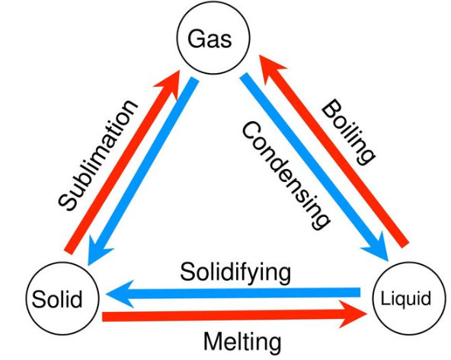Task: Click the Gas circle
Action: coord(213,38)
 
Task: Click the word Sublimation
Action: coord(98,155)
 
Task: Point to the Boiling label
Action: coord(348,132)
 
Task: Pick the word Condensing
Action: coord(286,175)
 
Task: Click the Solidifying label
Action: coord(235,272)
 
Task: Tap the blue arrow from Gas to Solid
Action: coord(143,171)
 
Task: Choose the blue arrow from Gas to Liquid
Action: coord(314,167)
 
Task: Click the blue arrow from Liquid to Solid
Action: coord(233,293)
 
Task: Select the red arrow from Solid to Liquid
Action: coord(235,315)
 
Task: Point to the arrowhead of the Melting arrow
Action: coord(352,314)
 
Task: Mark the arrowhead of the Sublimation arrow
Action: coord(170,83)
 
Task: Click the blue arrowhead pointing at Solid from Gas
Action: coord(98,250)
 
